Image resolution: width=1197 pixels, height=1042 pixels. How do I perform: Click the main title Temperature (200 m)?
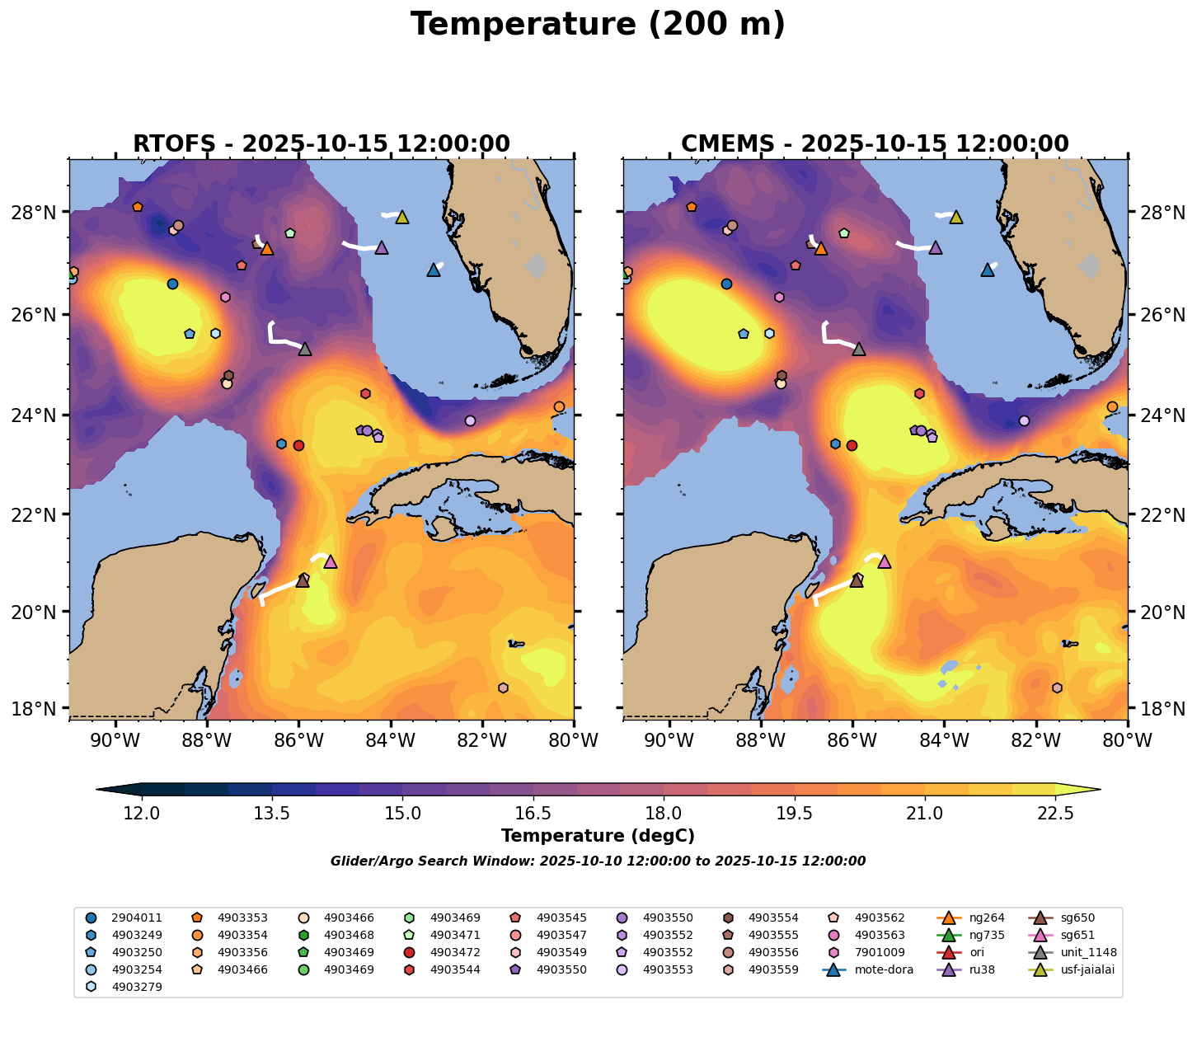pos(598,25)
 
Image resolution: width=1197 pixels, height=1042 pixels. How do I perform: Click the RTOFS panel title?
pos(322,144)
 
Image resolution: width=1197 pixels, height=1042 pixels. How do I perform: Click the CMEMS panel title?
pos(875,144)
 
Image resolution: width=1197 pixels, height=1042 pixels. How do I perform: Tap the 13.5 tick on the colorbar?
pos(272,814)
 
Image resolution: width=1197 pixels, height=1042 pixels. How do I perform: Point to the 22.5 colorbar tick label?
pos(1055,814)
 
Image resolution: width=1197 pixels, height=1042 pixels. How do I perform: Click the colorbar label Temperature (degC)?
pos(598,836)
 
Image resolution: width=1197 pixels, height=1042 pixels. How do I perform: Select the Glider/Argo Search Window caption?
pos(598,861)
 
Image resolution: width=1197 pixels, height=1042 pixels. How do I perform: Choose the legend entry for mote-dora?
pos(883,969)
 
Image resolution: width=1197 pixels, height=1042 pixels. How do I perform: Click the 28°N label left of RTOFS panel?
pos(39,213)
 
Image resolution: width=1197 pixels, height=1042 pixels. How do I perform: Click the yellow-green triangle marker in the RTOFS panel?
pos(402,217)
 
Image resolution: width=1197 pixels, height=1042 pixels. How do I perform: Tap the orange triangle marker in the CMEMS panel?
pos(820,248)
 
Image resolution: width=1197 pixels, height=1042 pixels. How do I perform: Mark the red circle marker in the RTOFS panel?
pos(298,445)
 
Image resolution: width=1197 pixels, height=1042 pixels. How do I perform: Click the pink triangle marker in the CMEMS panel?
pos(885,561)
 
